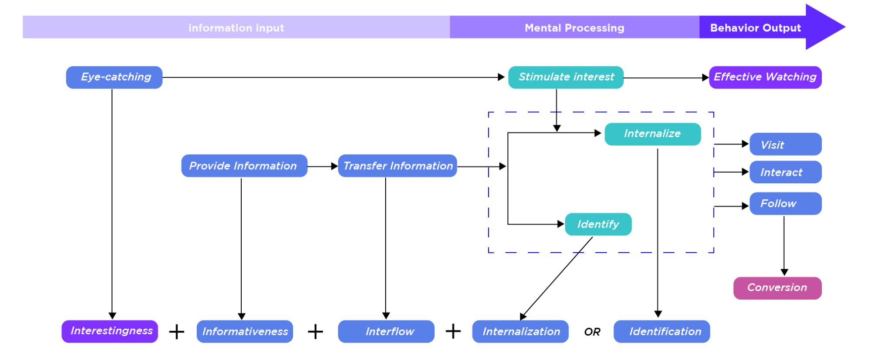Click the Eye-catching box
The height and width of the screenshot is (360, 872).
[114, 77]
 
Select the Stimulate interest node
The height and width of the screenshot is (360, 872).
[566, 77]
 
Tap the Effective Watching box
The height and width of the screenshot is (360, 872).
[765, 77]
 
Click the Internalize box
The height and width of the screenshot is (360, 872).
[653, 134]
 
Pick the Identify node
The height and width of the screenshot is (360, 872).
[598, 224]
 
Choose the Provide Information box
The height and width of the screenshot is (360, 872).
[244, 166]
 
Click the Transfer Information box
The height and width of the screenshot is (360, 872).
[397, 166]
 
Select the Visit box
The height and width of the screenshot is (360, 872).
[786, 144]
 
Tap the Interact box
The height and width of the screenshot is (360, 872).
[786, 172]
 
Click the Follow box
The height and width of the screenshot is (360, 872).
[786, 203]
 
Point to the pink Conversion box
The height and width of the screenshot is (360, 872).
[777, 288]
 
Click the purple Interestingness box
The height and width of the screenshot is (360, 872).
[110, 331]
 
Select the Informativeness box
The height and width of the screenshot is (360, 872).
[245, 332]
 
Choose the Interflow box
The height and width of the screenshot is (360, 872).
[386, 332]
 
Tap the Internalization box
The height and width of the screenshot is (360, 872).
[520, 332]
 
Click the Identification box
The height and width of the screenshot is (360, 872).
[662, 332]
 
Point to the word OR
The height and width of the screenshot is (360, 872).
[592, 332]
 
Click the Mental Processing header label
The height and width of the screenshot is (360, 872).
[574, 28]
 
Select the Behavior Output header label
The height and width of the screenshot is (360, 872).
[756, 28]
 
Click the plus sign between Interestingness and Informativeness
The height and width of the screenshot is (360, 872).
[177, 332]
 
